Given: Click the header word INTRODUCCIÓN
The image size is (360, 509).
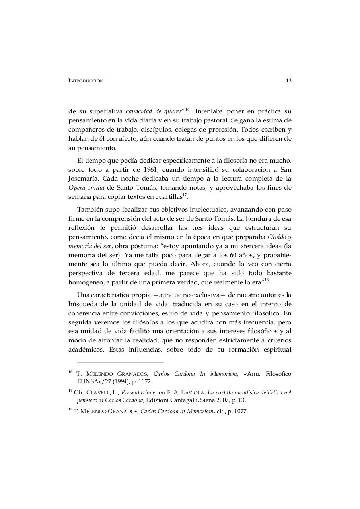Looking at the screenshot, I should point(86,81).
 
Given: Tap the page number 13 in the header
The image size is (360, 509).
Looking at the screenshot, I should point(289,80).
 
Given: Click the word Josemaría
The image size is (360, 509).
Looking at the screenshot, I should point(83,179).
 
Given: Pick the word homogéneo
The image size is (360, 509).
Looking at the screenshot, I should point(86,282).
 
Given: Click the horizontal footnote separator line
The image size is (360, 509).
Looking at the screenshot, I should point(121,362).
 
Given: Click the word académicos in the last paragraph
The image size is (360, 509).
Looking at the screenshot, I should point(87,350).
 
